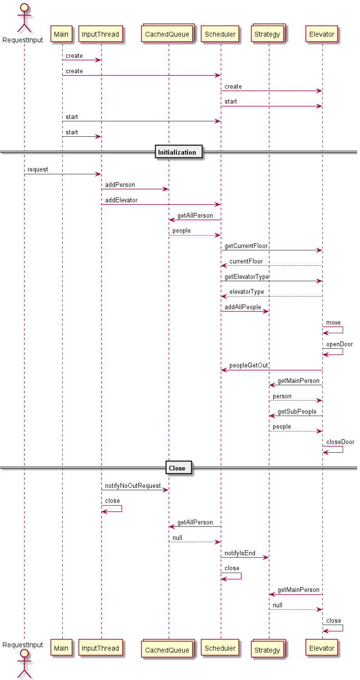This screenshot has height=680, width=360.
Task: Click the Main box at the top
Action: [62, 34]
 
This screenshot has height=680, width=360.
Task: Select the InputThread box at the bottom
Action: [101, 648]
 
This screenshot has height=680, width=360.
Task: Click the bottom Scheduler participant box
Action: [220, 648]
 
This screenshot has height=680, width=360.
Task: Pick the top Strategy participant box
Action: [268, 34]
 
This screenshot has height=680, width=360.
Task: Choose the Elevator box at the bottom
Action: [322, 648]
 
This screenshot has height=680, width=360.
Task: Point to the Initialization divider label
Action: [177, 152]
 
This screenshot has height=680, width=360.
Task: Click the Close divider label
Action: [177, 468]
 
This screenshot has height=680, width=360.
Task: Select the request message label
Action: [38, 170]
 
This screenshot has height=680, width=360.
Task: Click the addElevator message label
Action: [121, 200]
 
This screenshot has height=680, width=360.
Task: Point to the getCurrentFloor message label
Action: [246, 246]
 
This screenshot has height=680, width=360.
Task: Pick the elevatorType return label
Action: [247, 292]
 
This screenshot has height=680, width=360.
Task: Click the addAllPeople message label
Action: [243, 307]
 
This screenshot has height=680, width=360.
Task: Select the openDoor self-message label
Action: [340, 344]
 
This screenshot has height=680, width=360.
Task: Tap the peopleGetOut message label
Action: [249, 366]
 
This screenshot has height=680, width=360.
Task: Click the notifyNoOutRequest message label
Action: [133, 486]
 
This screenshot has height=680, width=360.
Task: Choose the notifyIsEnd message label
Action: [240, 553]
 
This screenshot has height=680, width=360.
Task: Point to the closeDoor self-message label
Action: [340, 442]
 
